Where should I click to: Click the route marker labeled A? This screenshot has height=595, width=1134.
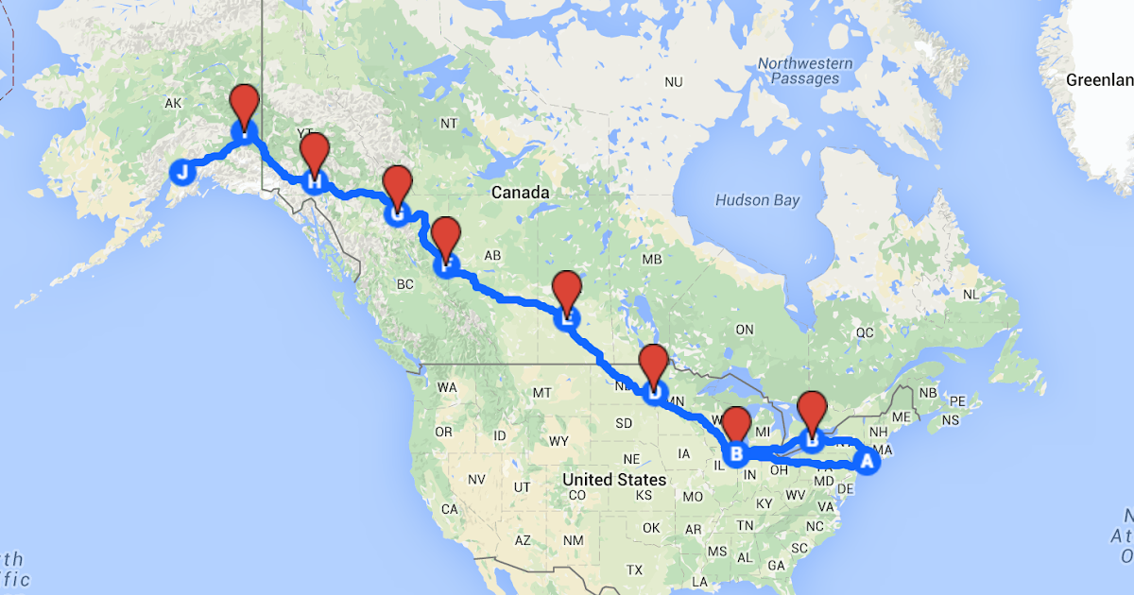(865, 462)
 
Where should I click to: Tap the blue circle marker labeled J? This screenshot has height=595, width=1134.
(182, 172)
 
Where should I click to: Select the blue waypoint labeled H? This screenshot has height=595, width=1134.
(314, 180)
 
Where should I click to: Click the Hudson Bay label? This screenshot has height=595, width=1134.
(757, 200)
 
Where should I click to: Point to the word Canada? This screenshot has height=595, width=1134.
(520, 193)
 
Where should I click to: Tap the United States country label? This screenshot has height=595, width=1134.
(614, 480)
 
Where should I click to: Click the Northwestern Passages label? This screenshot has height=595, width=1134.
(805, 71)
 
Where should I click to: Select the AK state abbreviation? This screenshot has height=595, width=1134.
(172, 103)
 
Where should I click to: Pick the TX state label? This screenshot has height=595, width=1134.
(634, 569)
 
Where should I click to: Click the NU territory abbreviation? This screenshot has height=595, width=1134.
(673, 83)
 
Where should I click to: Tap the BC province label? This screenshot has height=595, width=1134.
(406, 283)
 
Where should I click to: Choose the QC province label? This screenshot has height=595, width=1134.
(865, 332)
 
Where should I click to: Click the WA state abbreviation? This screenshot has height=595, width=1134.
(447, 387)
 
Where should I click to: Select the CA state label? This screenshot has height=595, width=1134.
(450, 509)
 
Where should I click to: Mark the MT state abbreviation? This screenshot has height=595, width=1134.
(541, 392)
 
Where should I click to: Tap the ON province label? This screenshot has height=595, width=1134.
(745, 329)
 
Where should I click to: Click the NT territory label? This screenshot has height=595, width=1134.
(450, 124)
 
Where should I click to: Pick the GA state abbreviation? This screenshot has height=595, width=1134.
(777, 565)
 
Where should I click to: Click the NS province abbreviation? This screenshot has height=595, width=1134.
(951, 419)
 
